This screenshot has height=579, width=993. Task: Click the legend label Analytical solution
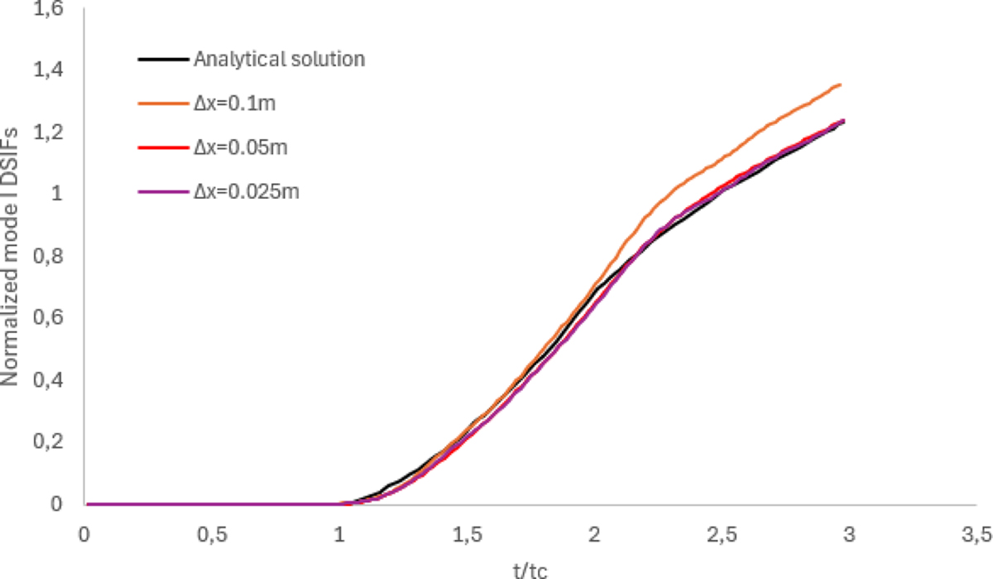(x=279, y=60)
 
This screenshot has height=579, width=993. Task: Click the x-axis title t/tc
(x=530, y=570)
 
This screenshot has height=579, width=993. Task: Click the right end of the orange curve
(x=841, y=84)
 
